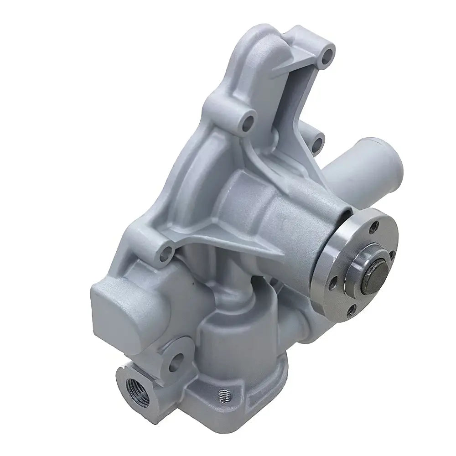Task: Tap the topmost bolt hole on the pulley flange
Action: (x=375, y=225)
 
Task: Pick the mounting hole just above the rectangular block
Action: (x=167, y=249)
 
